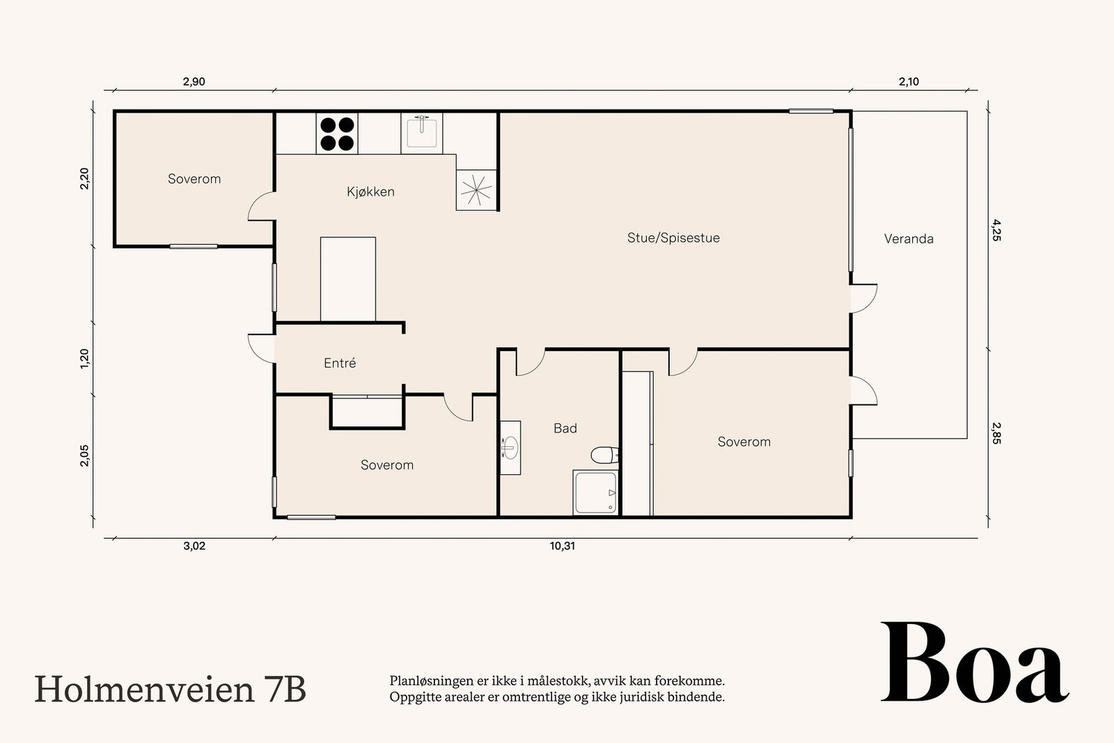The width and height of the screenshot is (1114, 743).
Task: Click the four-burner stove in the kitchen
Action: point(337,134)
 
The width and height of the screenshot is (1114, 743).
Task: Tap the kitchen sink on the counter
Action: point(422,132)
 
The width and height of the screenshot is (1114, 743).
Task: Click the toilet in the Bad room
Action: point(604,455)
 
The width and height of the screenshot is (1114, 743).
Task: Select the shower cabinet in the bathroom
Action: point(595,493)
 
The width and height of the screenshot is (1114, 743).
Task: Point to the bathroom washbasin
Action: point(510,447)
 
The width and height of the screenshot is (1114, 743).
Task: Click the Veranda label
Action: point(909,239)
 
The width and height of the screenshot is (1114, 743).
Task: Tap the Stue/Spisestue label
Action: point(673,237)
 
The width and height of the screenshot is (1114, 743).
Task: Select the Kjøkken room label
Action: point(370,191)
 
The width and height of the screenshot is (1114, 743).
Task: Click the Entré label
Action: point(340,363)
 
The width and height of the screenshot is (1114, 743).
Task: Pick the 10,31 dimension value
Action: point(563,546)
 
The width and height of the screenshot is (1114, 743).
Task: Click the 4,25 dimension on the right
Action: point(996,230)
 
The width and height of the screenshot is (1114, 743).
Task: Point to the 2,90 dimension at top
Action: point(194,81)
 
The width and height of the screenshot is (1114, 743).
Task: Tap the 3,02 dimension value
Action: point(194,546)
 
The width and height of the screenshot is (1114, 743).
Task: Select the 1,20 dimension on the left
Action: point(85,358)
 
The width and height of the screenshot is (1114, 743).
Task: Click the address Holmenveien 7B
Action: point(170,689)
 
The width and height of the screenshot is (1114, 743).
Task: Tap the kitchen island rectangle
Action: point(348,279)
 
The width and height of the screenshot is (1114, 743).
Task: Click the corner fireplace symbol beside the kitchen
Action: point(476,190)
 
